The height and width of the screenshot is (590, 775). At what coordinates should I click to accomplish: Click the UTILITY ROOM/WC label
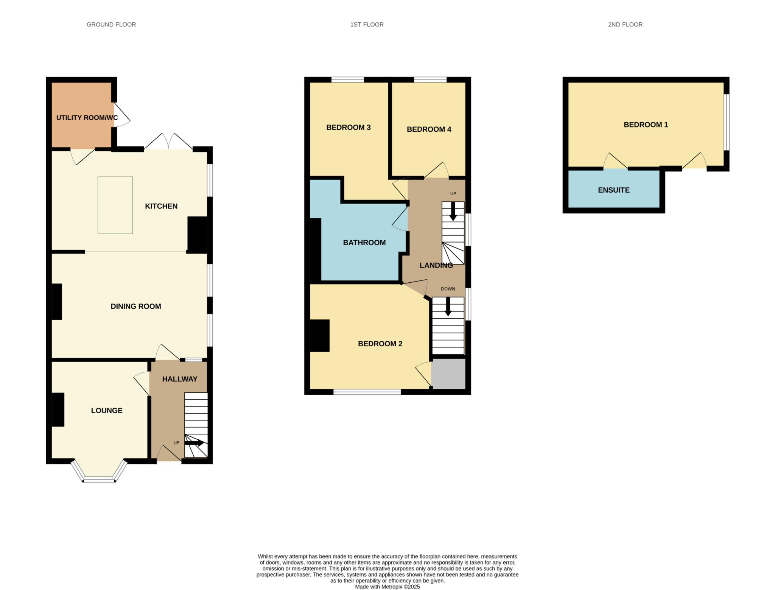[87, 118]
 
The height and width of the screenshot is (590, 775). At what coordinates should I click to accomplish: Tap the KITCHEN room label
[161, 206]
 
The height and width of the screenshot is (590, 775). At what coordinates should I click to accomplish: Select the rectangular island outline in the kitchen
[115, 205]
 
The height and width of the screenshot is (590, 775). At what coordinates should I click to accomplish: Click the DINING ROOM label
[135, 307]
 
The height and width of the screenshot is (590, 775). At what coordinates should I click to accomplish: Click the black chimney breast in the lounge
[58, 409]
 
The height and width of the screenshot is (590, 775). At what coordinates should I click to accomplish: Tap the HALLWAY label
[180, 379]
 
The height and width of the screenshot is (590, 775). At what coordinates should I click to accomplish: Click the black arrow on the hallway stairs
[195, 442]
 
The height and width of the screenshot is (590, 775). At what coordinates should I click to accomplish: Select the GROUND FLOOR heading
[111, 25]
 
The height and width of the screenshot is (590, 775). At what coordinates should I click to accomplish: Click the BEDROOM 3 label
[348, 128]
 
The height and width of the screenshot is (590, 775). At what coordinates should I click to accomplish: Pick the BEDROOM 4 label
[429, 129]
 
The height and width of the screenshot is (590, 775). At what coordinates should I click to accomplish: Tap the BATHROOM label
[364, 243]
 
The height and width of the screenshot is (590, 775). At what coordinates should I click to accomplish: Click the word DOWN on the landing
[448, 289]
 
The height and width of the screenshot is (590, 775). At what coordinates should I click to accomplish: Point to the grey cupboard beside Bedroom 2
[448, 374]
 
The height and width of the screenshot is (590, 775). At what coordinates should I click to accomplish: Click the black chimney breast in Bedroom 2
[320, 336]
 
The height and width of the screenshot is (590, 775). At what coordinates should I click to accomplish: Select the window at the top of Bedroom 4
[430, 79]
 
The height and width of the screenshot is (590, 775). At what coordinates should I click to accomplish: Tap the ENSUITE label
[613, 190]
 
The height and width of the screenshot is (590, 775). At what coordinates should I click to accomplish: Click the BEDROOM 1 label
[646, 125]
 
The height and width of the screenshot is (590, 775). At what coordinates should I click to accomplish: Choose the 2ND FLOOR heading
[625, 25]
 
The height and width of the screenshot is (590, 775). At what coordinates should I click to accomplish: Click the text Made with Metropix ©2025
[387, 587]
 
